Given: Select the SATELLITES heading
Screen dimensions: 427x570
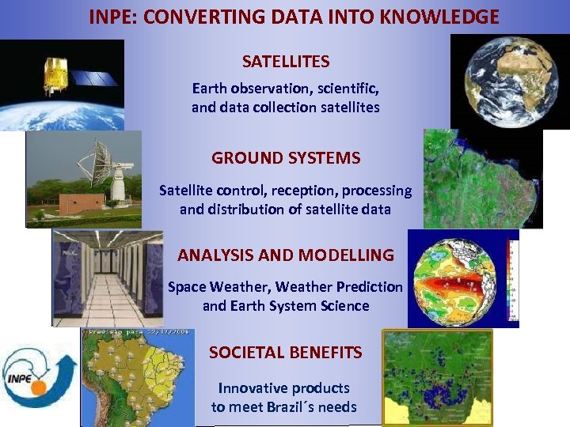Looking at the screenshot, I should [286, 61].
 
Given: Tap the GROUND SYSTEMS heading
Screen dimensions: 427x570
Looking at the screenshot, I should [286, 157].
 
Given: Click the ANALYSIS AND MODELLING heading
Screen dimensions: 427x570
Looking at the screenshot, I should [286, 255].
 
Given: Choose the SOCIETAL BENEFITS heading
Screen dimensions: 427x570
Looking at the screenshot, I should [286, 352].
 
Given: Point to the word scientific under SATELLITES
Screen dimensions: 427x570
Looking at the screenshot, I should [343, 88].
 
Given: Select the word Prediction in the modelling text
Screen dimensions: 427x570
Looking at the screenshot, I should [370, 287].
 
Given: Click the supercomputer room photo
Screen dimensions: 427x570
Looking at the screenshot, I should [107, 278].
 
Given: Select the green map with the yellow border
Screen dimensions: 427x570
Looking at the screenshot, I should [437, 377].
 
